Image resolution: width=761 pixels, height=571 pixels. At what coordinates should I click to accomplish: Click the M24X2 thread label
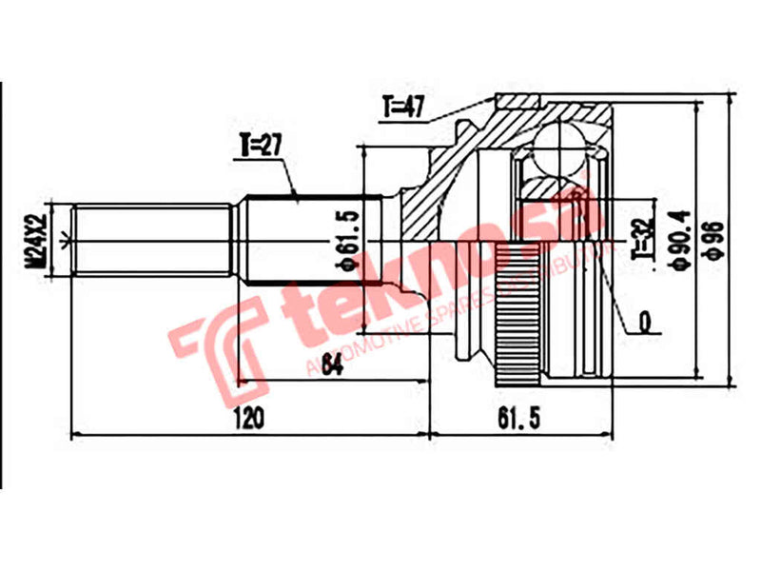pos(36,239)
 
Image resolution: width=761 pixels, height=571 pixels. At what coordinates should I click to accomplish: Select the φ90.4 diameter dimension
pos(678,240)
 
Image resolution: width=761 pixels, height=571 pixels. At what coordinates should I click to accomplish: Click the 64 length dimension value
pos(331,365)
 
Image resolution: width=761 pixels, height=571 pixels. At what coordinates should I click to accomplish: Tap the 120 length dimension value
pos(246,417)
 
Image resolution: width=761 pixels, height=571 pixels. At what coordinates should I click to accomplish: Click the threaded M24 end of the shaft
pos(152,240)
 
